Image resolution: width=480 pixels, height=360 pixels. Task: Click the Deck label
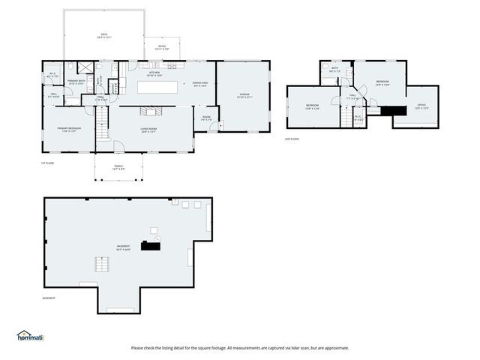click(x=104, y=35)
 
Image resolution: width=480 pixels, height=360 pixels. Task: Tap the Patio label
click(x=161, y=47)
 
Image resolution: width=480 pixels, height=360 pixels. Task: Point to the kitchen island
click(x=157, y=87)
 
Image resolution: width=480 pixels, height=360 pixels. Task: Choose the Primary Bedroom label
click(x=69, y=130)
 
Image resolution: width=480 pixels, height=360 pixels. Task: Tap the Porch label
click(x=118, y=168)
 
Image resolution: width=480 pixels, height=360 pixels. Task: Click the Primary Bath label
click(x=77, y=82)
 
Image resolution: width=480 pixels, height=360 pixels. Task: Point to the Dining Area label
click(x=200, y=84)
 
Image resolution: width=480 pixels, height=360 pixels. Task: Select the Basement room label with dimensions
click(x=123, y=248)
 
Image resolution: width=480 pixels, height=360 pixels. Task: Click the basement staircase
click(x=100, y=264)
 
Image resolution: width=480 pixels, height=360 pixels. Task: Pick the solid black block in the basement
click(x=153, y=245)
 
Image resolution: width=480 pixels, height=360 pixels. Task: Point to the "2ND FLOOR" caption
click(x=291, y=139)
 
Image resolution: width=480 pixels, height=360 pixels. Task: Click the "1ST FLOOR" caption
click(x=47, y=163)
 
